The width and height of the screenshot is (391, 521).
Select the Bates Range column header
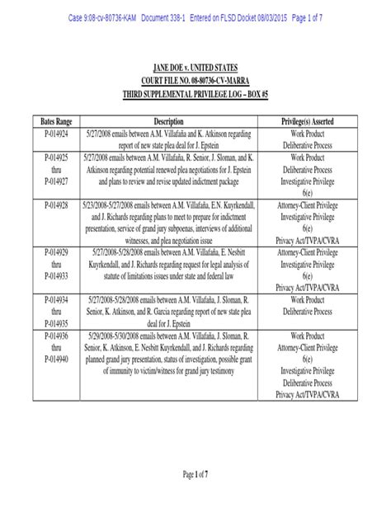click(x=51, y=121)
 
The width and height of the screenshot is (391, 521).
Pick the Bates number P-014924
click(x=51, y=133)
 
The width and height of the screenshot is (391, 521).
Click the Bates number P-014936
click(x=51, y=337)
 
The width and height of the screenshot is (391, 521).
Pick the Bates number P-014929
click(x=51, y=246)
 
